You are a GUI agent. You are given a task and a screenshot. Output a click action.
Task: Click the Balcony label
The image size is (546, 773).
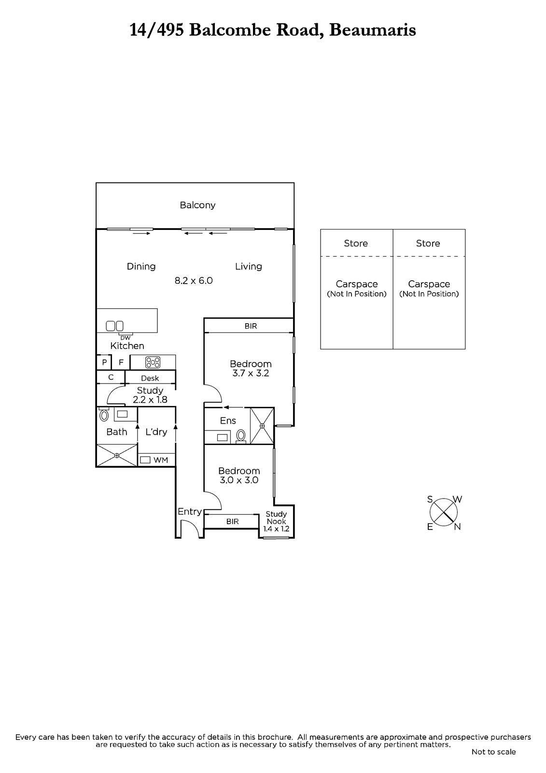(x=197, y=205)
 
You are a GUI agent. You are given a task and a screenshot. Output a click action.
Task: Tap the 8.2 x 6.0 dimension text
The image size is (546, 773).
(x=194, y=281)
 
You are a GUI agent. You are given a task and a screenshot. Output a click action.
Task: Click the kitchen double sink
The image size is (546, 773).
(x=114, y=326)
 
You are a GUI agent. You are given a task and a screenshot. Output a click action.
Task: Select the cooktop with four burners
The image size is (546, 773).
(x=153, y=362)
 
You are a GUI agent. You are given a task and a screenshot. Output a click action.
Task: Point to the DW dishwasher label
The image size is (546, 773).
(x=125, y=338)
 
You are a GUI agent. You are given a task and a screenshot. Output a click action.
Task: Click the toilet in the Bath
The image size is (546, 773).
(x=104, y=415)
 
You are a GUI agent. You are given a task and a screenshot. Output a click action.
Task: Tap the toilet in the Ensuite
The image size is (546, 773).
(x=241, y=435)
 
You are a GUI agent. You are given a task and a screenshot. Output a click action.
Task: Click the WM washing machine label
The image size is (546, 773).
(x=161, y=460)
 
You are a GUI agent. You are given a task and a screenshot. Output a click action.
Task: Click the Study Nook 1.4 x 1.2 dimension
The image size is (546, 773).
(x=276, y=529)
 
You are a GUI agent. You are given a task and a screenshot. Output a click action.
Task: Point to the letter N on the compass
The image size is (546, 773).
(x=458, y=527)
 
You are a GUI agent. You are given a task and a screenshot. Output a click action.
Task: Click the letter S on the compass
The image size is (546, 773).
(x=430, y=500)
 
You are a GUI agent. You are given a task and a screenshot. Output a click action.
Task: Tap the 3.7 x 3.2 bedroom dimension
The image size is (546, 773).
(x=251, y=373)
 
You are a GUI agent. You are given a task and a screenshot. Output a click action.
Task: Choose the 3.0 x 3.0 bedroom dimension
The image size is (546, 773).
(x=239, y=480)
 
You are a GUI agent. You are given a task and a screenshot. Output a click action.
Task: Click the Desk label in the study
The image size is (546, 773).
(x=150, y=378)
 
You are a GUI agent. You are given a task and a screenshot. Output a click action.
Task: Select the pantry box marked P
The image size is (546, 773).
(x=104, y=362)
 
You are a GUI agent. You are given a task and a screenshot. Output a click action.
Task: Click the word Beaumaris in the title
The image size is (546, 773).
(x=373, y=30)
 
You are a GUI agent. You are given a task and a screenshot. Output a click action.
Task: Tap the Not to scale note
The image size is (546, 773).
(x=493, y=752)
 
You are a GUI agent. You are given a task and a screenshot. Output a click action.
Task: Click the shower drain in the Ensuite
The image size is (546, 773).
(x=262, y=426)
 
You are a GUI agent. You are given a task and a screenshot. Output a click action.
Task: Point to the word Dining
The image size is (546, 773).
(x=141, y=266)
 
